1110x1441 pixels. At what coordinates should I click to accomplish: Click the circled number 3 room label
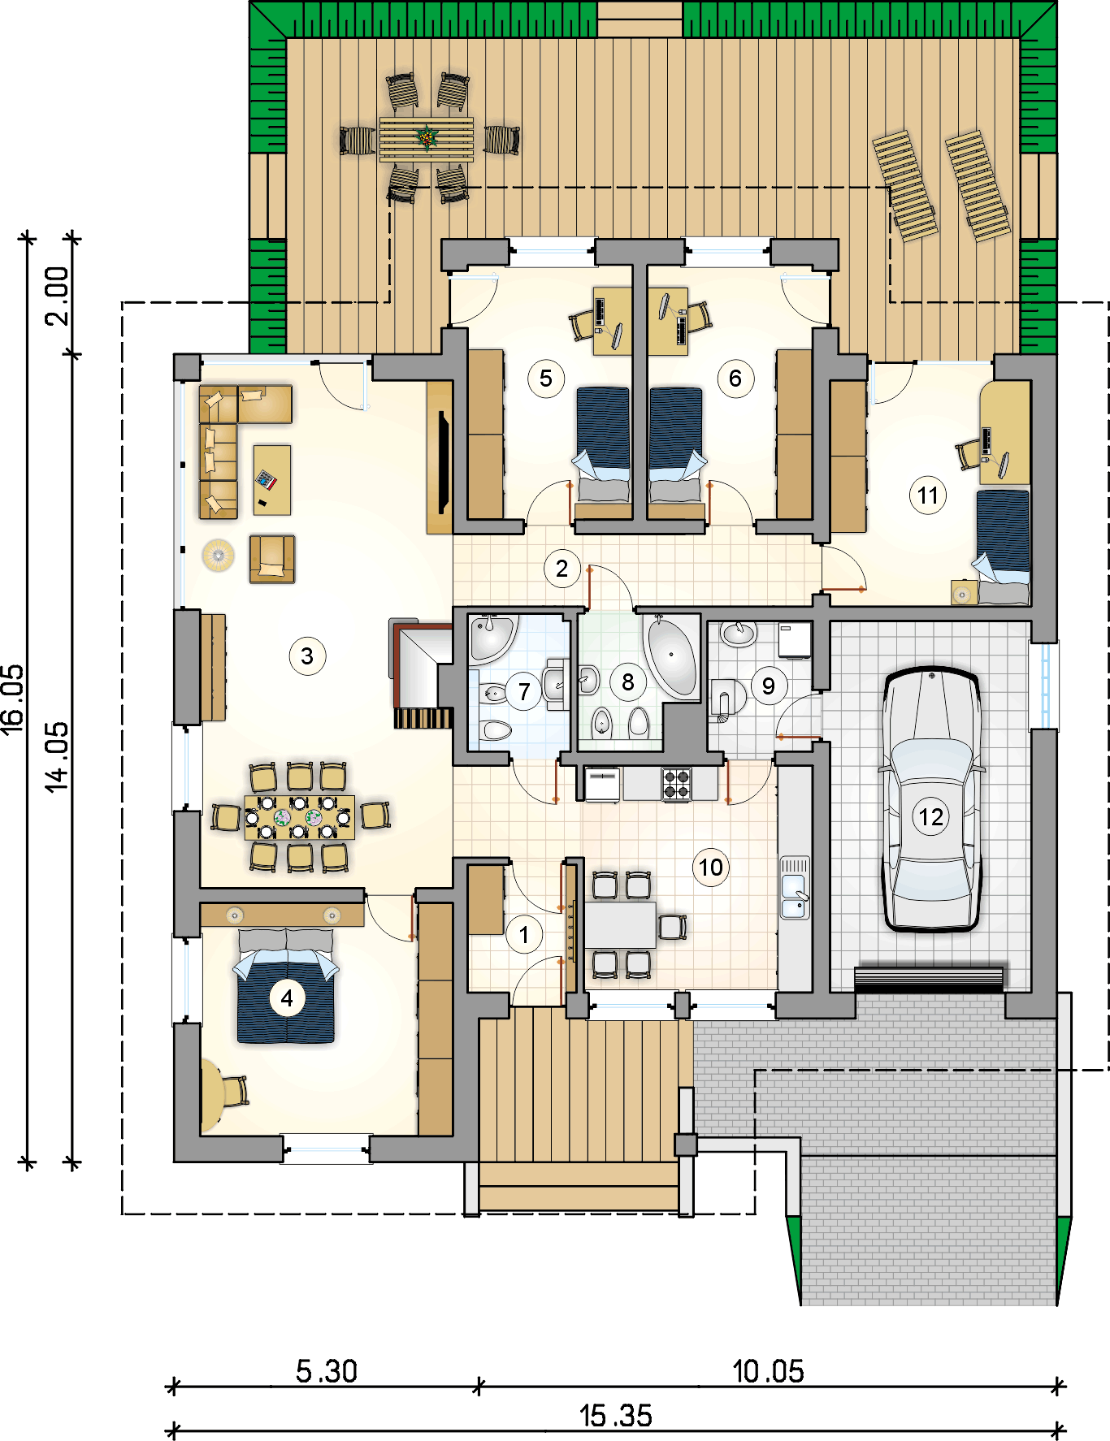(x=307, y=656)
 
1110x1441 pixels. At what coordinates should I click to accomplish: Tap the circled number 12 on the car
(x=930, y=816)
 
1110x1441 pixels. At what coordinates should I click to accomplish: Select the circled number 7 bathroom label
(x=524, y=692)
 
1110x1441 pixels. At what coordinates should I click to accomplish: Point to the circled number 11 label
(x=928, y=495)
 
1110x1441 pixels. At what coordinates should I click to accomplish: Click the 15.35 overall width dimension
(x=615, y=1416)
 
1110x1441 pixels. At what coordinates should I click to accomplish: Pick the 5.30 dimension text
(x=326, y=1371)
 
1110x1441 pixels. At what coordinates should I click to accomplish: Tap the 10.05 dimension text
(x=768, y=1371)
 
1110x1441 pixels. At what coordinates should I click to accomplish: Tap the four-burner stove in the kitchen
(x=676, y=784)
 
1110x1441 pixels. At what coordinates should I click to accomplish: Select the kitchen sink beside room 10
(x=794, y=888)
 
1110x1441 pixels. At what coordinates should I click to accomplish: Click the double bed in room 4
(x=286, y=986)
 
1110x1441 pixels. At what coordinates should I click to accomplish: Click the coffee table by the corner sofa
(x=271, y=479)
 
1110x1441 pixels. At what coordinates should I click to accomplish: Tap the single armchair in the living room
(x=272, y=559)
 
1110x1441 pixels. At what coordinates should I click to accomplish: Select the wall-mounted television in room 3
(x=443, y=461)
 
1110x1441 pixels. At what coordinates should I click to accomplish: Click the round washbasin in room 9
(x=739, y=634)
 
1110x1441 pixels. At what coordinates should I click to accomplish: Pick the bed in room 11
(x=1003, y=546)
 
